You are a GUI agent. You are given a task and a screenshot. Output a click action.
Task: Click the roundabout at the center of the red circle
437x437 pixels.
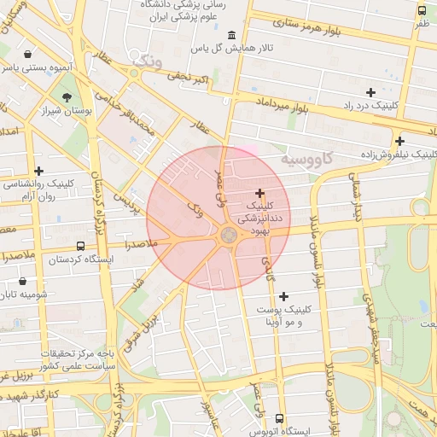[229, 235]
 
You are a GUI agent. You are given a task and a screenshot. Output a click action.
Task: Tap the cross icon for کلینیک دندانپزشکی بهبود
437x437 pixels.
[260, 194]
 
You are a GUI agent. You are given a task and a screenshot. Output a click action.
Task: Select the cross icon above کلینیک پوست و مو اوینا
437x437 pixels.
[283, 295]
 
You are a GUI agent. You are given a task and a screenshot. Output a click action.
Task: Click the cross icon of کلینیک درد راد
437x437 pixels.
[370, 91]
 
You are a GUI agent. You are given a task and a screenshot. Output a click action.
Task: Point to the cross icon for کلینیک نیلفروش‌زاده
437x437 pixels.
[399, 141]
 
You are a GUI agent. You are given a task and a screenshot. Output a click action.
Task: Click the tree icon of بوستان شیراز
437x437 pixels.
[67, 96]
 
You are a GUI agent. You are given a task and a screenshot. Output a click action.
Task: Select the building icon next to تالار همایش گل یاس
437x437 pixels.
[233, 35]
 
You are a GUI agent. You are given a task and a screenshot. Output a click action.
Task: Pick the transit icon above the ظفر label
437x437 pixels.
[422, 10]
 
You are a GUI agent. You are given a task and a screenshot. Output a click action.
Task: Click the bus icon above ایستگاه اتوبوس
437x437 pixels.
[279, 417]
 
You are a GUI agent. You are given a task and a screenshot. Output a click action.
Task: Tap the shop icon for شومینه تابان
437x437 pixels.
[22, 281]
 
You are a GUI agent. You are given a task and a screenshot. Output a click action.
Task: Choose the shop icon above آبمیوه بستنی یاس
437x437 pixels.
[29, 53]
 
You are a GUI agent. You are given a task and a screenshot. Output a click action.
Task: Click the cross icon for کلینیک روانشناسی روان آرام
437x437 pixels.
[38, 171]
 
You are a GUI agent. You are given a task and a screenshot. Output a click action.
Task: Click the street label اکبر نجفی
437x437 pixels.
[188, 79]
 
